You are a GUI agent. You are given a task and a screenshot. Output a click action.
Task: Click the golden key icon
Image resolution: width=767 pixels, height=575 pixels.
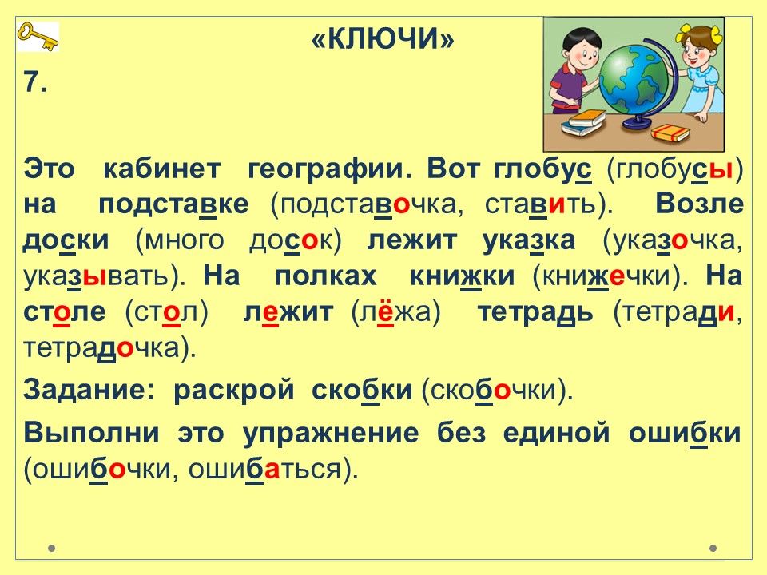pos(38,37)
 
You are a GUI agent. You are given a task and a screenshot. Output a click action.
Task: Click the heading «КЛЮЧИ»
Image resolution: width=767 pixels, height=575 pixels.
pos(383,38)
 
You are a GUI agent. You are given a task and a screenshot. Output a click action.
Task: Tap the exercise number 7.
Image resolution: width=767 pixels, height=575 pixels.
pos(35,81)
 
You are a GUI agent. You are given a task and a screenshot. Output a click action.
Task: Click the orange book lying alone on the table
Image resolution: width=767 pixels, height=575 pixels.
pos(670,132)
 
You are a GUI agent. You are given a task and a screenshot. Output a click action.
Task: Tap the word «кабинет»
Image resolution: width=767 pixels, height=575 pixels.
pos(162,169)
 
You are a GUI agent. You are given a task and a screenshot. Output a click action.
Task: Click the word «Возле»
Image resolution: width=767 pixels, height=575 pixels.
pos(699,204)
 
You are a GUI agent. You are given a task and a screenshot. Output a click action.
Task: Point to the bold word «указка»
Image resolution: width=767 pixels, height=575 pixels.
pos(529,241)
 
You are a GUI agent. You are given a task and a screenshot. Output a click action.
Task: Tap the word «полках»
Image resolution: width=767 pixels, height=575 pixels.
pos(326,276)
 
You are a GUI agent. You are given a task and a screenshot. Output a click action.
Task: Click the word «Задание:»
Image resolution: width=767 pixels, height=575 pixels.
pos(89,391)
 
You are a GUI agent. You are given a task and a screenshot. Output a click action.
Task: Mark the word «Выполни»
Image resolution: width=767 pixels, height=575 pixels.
pos(91,433)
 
